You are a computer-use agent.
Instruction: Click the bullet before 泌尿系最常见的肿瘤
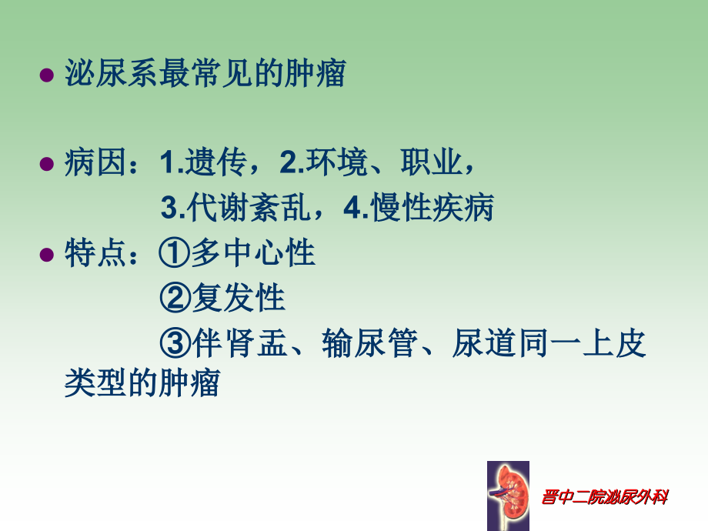tap(46, 76)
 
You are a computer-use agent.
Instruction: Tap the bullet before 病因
tap(46, 164)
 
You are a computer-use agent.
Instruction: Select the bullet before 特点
tap(46, 255)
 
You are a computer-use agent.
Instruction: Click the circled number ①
tap(175, 253)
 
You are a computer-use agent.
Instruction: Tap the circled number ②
tap(175, 298)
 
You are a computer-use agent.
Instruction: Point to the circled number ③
tap(175, 342)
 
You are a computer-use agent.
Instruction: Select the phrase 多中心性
tap(253, 253)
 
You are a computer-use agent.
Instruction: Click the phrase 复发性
tap(239, 298)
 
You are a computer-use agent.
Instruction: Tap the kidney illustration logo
tap(508, 495)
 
